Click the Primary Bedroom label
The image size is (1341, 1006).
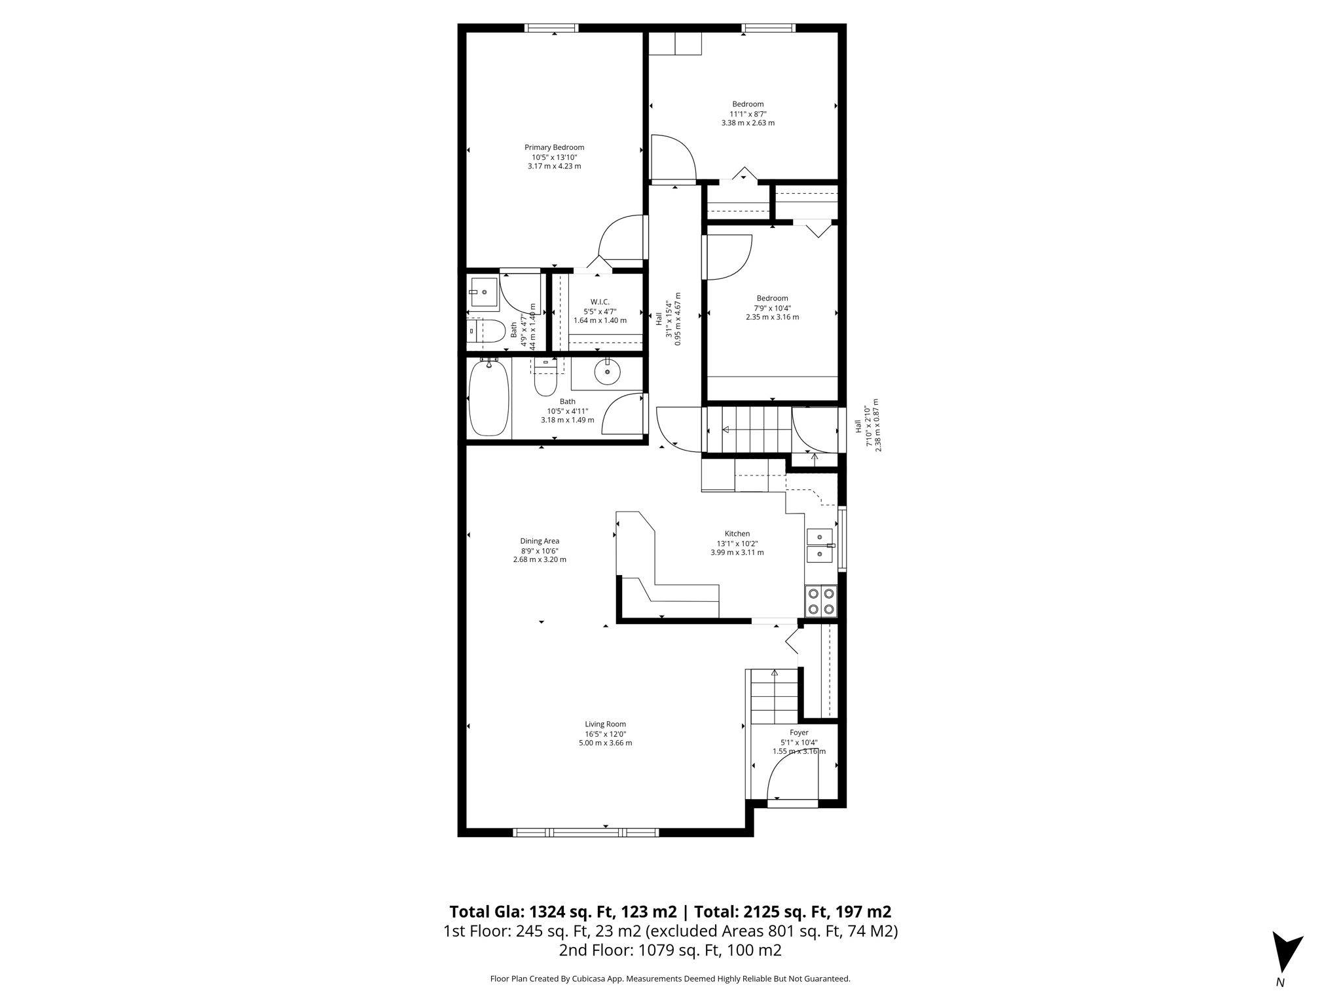pos(554,147)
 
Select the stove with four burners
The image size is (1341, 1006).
pos(821,601)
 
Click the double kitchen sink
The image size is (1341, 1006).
pos(820,546)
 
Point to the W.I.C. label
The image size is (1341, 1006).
pos(600,302)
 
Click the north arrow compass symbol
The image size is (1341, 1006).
pos(1286,953)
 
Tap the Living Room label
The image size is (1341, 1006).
pos(606,724)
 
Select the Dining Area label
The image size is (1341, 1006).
pos(540,541)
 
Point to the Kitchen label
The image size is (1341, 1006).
pos(737,534)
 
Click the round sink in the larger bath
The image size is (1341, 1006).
pos(608,373)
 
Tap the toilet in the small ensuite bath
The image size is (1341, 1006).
pos(486,331)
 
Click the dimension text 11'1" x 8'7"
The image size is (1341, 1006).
pos(748,113)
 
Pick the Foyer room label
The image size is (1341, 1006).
pos(799,733)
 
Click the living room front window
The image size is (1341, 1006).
pos(585,832)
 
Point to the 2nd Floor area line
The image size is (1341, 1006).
pos(670,950)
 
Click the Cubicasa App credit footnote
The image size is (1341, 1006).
pos(670,979)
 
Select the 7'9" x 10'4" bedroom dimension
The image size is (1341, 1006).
pos(772,308)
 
